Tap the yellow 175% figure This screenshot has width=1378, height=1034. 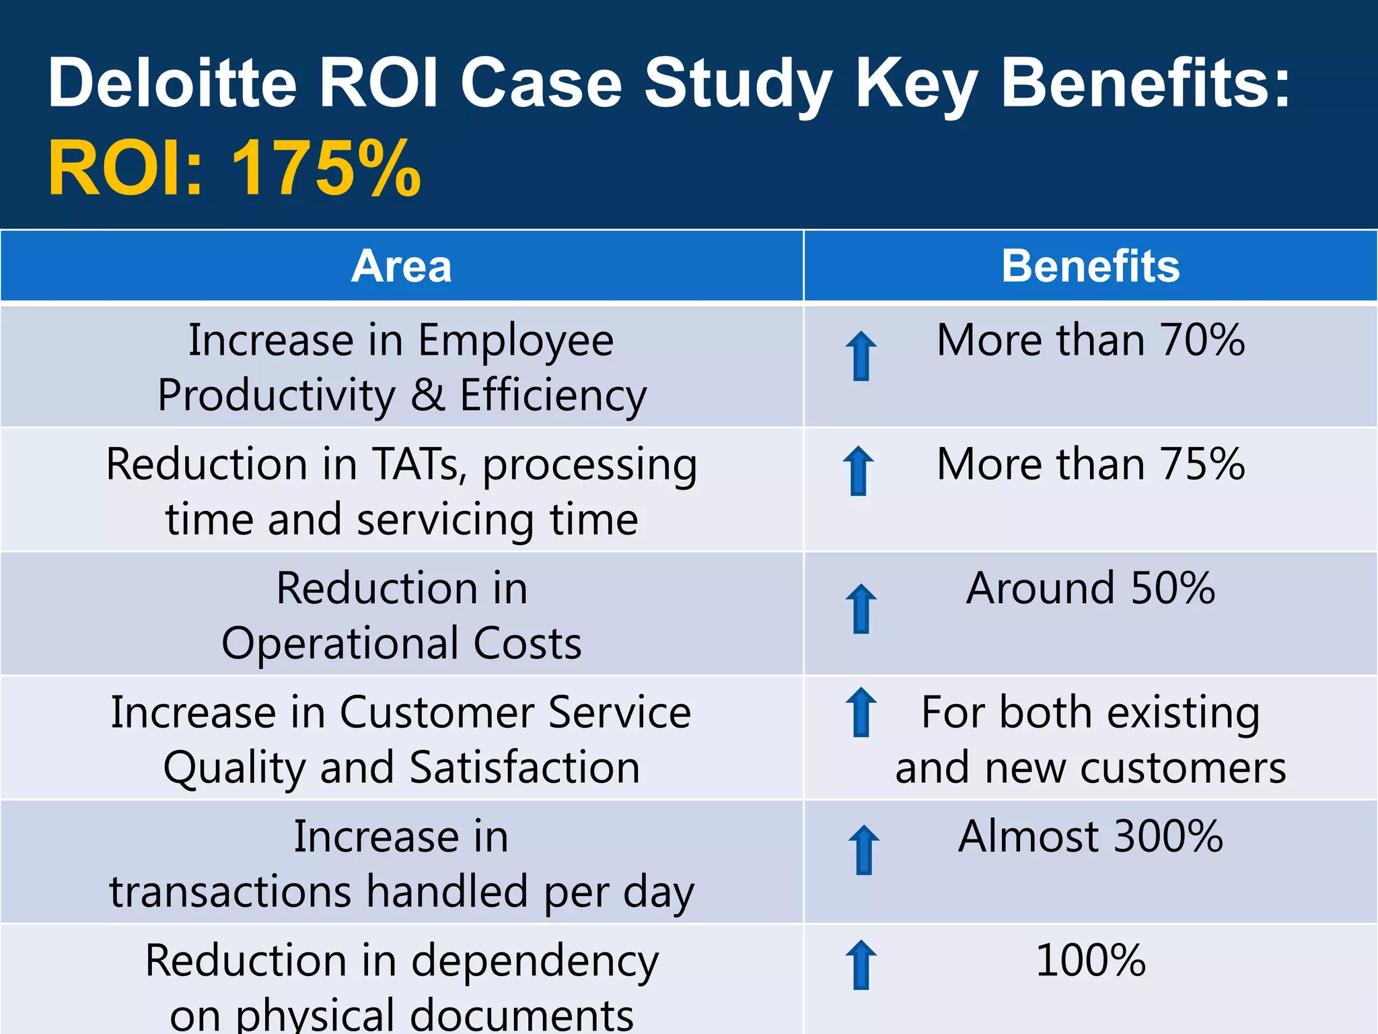pyautogui.click(x=326, y=168)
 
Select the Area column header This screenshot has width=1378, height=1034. pyautogui.click(x=401, y=266)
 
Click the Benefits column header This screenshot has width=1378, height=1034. pyautogui.click(x=1090, y=266)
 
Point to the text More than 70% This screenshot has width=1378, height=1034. pyautogui.click(x=1090, y=340)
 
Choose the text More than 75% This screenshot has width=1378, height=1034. pyautogui.click(x=1090, y=464)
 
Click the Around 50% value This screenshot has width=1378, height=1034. pyautogui.click(x=1090, y=588)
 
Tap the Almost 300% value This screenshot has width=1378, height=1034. pyautogui.click(x=1090, y=837)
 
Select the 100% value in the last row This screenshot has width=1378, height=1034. pyautogui.click(x=1090, y=961)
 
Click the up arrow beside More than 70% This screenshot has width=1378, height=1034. pyautogui.click(x=861, y=356)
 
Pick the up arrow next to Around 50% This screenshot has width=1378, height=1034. pyautogui.click(x=861, y=609)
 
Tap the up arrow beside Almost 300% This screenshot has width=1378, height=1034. pyautogui.click(x=864, y=850)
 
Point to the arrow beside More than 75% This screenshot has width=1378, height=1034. pyautogui.click(x=859, y=471)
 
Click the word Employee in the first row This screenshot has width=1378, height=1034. pyautogui.click(x=515, y=341)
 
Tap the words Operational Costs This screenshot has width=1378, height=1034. pyautogui.click(x=401, y=644)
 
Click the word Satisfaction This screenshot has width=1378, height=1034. pyautogui.click(x=524, y=768)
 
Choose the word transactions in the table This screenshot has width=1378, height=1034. pyautogui.click(x=230, y=892)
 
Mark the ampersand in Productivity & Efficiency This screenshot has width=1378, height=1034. pyautogui.click(x=428, y=395)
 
